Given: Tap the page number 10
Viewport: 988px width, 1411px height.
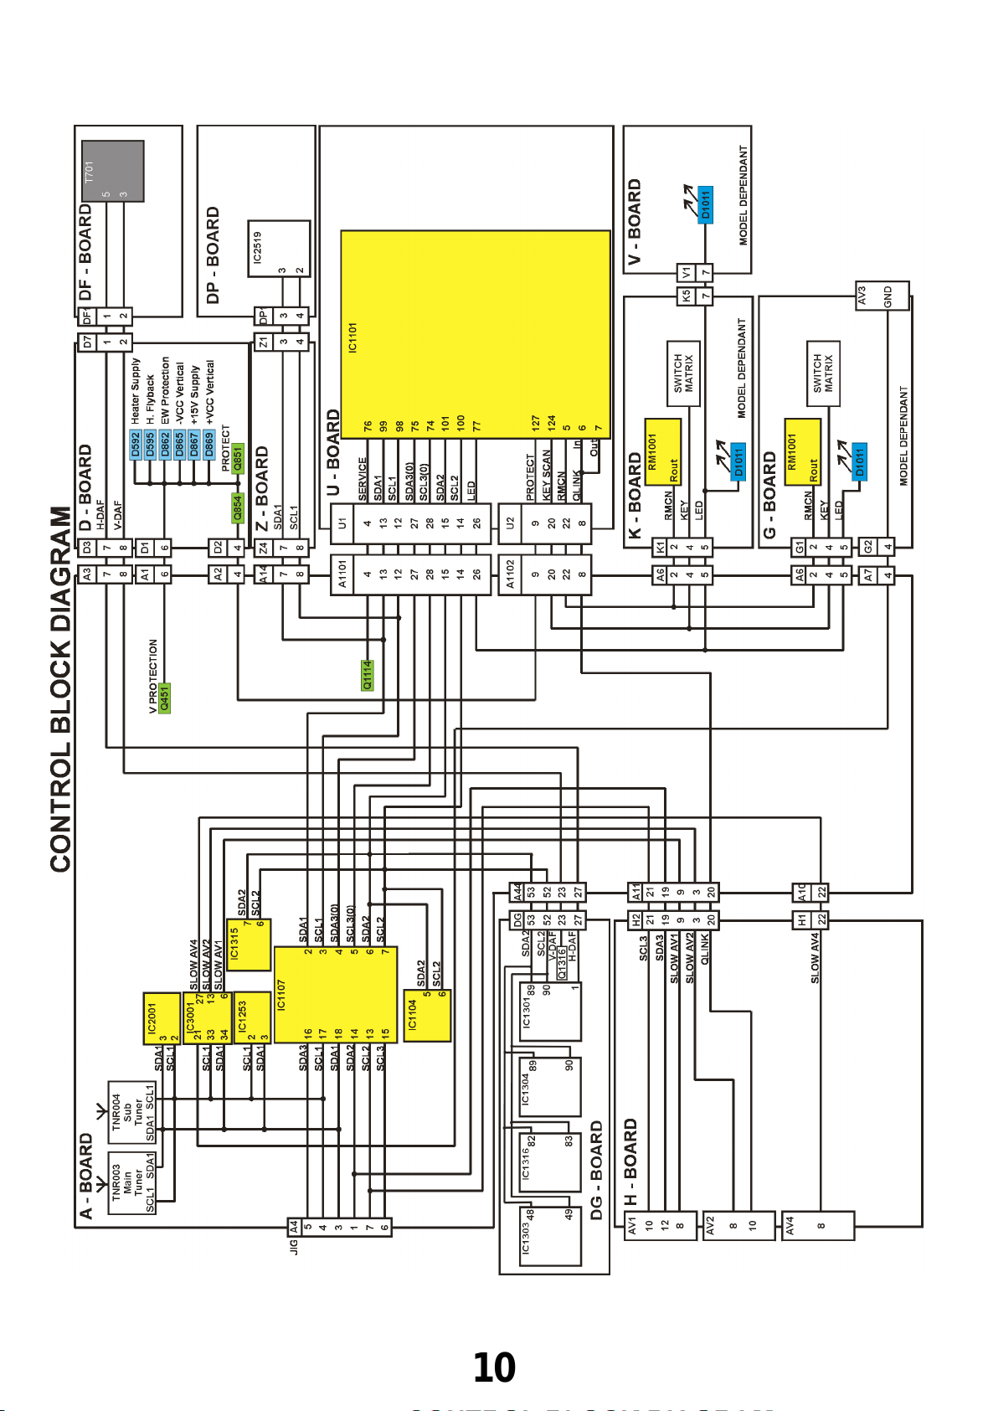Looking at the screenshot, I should tap(494, 1367).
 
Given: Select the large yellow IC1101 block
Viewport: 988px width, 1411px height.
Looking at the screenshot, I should tap(475, 334).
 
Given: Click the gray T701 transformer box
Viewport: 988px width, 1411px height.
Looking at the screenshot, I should tap(112, 171).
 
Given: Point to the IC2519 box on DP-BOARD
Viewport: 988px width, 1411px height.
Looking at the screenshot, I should tap(279, 249).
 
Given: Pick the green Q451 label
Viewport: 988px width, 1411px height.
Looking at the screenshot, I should tap(165, 697).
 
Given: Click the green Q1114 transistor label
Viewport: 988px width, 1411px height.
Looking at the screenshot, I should tap(367, 675).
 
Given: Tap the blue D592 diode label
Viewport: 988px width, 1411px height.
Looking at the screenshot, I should tap(136, 443).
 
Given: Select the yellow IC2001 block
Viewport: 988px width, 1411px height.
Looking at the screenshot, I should tap(162, 1017).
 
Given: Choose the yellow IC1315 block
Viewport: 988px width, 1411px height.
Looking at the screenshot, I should tap(248, 945).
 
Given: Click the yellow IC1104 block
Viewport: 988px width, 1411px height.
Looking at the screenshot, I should tap(426, 1015).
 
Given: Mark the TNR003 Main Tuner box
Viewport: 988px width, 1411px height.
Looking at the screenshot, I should tap(132, 1182).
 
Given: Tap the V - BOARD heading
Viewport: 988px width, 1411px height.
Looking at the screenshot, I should tap(635, 221).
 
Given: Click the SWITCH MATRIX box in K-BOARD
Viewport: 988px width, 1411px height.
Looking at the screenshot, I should tap(683, 373).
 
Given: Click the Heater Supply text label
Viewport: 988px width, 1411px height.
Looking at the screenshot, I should tap(136, 390).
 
